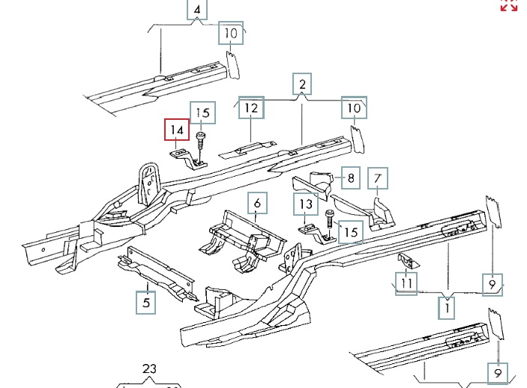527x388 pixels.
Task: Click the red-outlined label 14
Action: pos(177,130)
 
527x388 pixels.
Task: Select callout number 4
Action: pos(197,10)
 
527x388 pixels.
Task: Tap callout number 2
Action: pos(302,84)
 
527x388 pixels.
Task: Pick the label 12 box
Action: pos(252,109)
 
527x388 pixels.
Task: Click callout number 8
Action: pos(351,178)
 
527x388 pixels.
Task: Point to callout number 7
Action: pos(379,178)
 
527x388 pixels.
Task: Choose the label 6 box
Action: pos(256,203)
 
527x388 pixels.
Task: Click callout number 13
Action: pos(306,203)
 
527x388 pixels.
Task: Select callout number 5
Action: pos(146,303)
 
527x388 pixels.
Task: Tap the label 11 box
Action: pos(406,283)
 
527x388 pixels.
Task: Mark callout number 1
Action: pos(448,306)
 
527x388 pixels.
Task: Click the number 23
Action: pos(149,369)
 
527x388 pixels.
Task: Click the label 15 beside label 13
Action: pos(350,232)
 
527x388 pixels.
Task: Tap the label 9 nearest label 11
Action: pos(493,284)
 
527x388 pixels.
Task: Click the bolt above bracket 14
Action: pos(200,139)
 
